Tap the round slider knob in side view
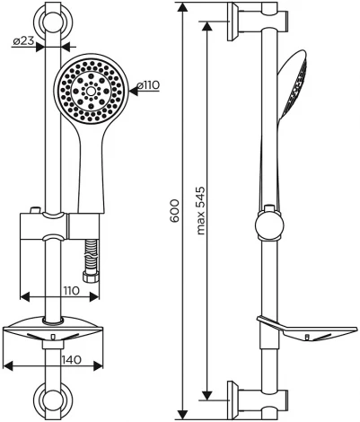click(268, 224)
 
